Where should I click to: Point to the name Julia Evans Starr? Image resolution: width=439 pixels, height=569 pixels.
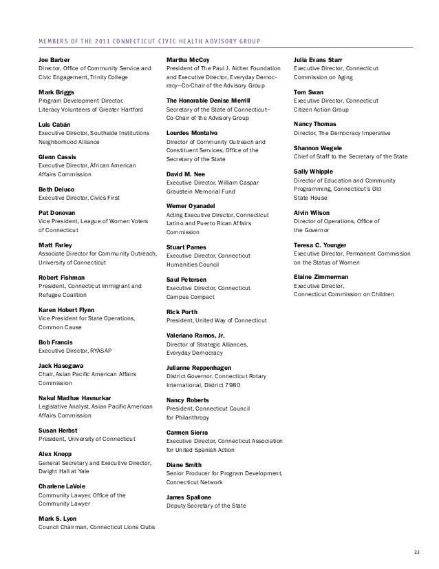tap(319, 61)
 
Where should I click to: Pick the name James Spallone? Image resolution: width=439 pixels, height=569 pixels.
tap(189, 497)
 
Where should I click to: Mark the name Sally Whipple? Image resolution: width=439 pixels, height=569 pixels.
tap(314, 171)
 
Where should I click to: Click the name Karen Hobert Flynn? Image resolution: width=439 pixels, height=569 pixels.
tap(66, 310)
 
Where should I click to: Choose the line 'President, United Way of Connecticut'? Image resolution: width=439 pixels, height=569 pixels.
tap(216, 320)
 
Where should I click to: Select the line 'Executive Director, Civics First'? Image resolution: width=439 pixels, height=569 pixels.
tap(78, 198)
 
